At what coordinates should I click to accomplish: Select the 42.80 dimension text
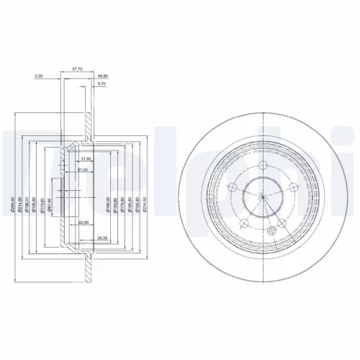(x=84, y=224)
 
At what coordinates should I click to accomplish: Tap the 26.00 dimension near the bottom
(x=102, y=238)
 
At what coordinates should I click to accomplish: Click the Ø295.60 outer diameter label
(x=12, y=204)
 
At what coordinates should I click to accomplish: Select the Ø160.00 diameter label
(x=109, y=204)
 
